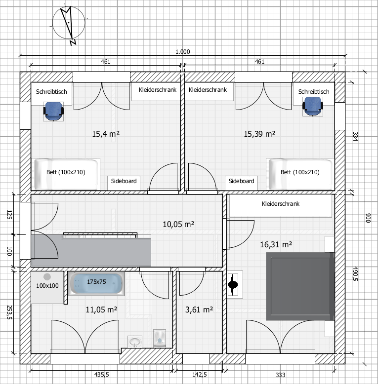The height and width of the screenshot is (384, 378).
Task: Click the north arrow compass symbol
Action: tap(69, 23)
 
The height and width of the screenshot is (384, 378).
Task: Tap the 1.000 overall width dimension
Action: tap(183, 52)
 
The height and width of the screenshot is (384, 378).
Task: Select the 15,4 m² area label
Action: tap(106, 134)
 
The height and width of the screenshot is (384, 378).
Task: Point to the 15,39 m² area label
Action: tap(259, 134)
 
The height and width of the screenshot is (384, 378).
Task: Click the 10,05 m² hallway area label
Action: tap(178, 224)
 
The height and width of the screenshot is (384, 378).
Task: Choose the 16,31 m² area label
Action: tap(276, 244)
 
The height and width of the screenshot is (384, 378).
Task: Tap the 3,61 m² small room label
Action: tap(199, 309)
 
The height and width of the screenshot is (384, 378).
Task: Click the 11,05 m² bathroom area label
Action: tap(101, 309)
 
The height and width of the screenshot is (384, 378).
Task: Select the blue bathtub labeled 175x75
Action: tap(96, 284)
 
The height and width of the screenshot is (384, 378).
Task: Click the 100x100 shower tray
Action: tap(47, 287)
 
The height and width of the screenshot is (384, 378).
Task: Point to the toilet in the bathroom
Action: tap(160, 339)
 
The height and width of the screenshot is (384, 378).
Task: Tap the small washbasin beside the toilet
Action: tap(135, 342)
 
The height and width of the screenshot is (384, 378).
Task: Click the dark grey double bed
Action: tap(300, 287)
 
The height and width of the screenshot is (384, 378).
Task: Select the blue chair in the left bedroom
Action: tap(53, 112)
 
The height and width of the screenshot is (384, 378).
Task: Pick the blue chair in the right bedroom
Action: tap(313, 106)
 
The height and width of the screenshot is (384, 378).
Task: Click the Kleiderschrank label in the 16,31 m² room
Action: tap(281, 204)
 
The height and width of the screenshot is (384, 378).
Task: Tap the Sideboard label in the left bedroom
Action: tap(124, 181)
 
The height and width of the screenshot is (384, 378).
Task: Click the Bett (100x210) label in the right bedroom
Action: tap(300, 172)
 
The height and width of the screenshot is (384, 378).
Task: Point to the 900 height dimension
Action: tap(368, 218)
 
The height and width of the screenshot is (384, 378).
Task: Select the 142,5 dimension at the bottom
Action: tap(200, 375)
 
